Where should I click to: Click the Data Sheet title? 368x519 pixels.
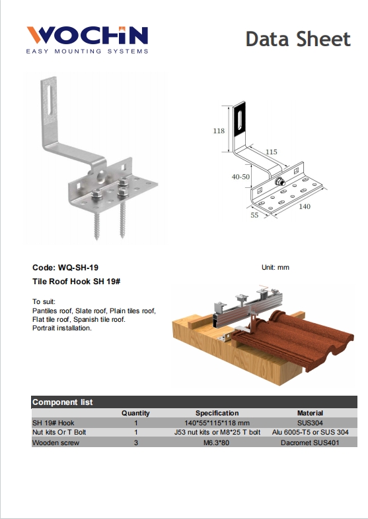(297, 39)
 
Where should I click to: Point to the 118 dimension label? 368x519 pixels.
(219, 131)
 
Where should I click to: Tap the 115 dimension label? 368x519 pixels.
(271, 152)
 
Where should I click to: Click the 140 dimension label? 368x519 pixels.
(305, 207)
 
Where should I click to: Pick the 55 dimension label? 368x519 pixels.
(254, 215)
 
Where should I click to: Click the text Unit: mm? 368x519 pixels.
(276, 268)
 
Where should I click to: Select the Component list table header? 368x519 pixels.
(63, 402)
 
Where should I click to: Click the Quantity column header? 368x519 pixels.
(135, 413)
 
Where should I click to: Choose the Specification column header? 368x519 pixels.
(217, 413)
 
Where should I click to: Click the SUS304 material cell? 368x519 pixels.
(310, 422)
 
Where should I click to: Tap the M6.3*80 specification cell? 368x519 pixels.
(217, 443)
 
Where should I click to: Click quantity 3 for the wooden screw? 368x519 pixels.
(135, 443)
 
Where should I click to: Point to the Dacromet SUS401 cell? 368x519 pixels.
(310, 443)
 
